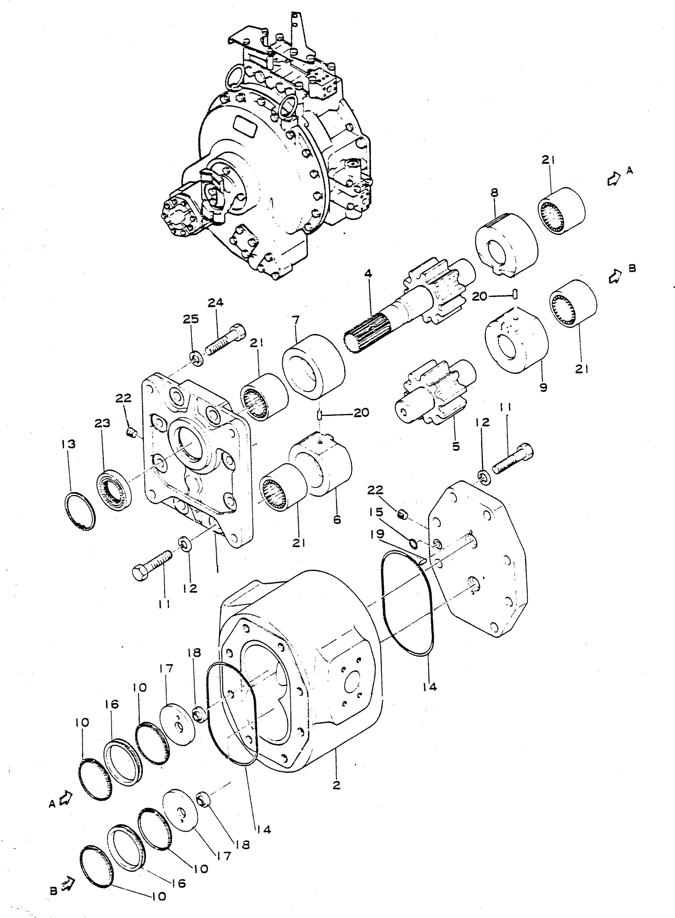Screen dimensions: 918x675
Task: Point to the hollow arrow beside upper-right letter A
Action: pos(612,179)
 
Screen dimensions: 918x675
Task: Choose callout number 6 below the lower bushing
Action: pos(337,520)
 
